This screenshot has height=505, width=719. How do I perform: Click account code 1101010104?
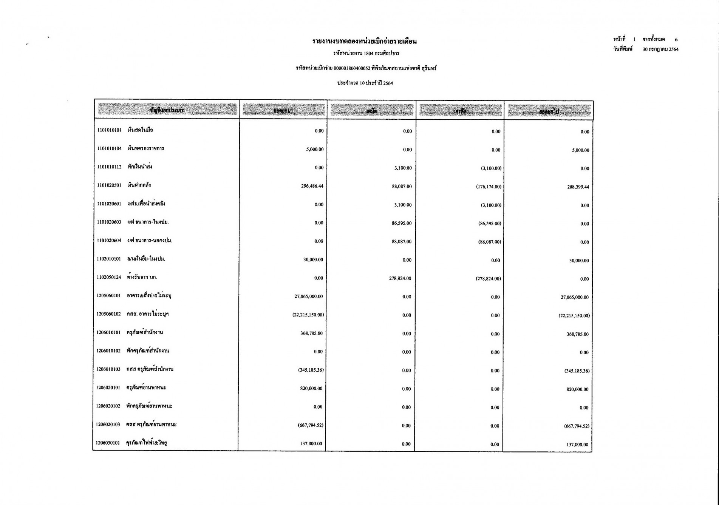[109, 148]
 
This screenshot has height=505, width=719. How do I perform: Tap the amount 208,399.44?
[578, 187]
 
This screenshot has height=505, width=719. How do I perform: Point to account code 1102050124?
[109, 277]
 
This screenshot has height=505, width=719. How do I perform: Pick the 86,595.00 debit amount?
[402, 223]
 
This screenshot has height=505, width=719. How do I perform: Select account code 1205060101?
[108, 296]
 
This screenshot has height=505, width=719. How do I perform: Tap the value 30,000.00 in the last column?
[579, 260]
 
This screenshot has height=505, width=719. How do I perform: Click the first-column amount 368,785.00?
[311, 333]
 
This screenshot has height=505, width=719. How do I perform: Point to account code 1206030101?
[108, 443]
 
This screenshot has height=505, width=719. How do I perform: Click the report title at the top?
[364, 41]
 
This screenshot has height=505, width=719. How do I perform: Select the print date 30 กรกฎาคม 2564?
[660, 49]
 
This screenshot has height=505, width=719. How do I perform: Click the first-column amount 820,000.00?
[311, 388]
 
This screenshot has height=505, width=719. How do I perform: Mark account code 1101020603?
[109, 222]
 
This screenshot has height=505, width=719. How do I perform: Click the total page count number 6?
[676, 39]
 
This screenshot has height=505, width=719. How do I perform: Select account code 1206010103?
[108, 369]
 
